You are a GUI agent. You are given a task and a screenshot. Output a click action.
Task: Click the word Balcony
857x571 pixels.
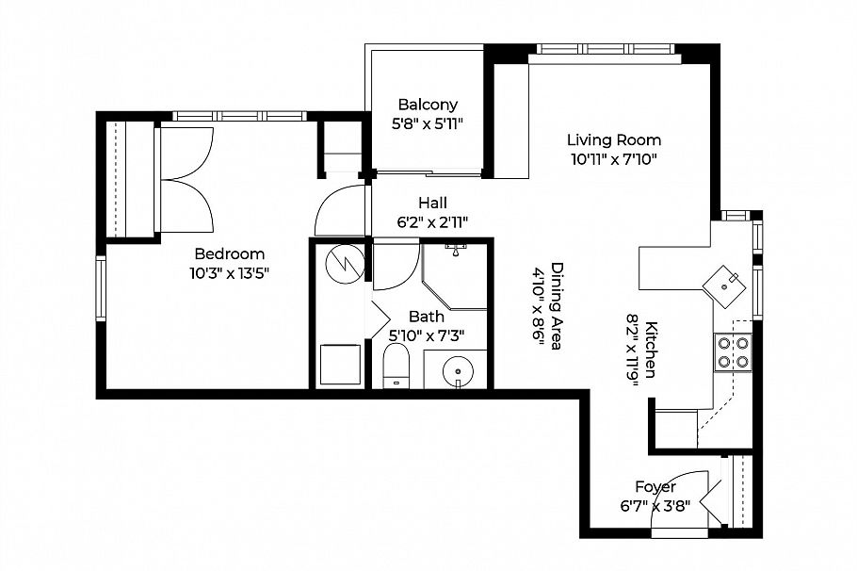pos(428,105)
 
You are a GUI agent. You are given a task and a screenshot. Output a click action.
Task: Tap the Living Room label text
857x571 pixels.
pos(613,140)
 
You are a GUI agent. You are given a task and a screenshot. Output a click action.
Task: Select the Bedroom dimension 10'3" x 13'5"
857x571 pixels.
pos(230,273)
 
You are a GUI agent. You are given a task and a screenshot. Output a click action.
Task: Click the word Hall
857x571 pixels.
pos(433,203)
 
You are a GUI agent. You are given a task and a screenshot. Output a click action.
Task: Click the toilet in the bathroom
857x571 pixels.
pos(396,366)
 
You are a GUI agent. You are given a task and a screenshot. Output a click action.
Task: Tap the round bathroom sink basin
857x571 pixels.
pos(457,369)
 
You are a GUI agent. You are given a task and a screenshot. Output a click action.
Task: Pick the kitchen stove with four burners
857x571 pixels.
pos(734,351)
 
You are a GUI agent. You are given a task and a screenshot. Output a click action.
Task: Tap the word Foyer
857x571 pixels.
pos(655,487)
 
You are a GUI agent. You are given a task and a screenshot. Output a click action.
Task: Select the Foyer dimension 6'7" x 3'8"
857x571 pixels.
pos(655,505)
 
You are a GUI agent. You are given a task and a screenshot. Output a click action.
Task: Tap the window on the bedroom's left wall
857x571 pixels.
pos(100,287)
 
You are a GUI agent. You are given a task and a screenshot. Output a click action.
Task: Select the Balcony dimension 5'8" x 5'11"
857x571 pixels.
pos(428,123)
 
